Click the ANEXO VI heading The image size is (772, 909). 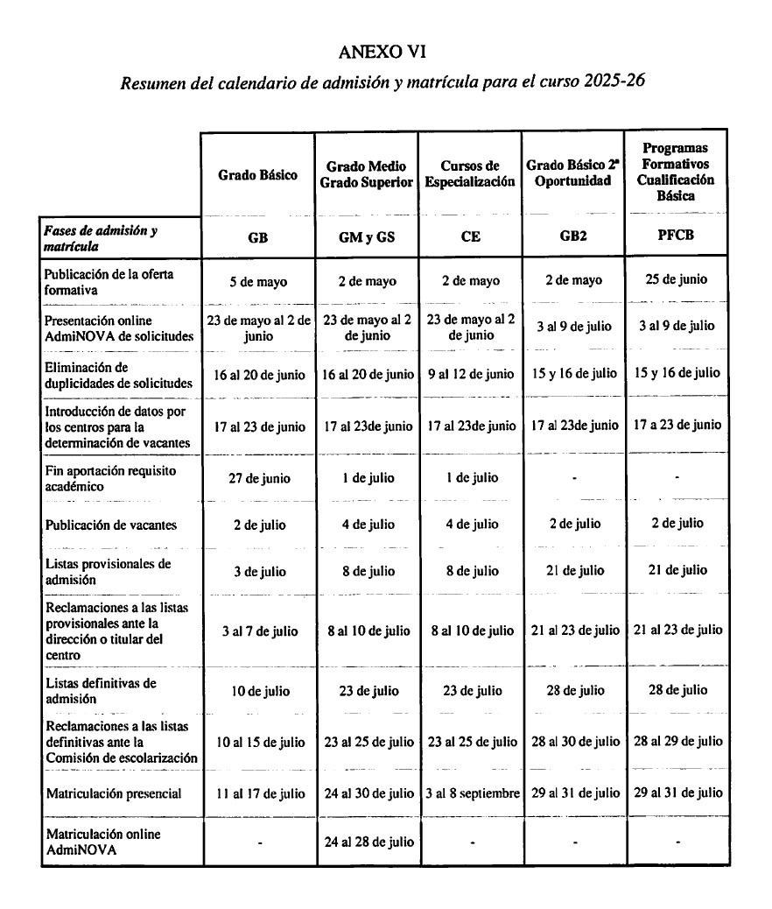pyautogui.click(x=382, y=53)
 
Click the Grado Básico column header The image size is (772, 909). pyautogui.click(x=258, y=174)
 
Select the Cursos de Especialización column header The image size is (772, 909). pyautogui.click(x=470, y=174)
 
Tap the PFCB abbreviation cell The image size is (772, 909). pyautogui.click(x=677, y=236)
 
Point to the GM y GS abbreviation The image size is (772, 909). pyautogui.click(x=367, y=236)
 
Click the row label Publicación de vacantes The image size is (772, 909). pyautogui.click(x=110, y=525)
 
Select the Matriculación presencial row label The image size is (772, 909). pyautogui.click(x=113, y=793)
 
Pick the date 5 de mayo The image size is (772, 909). pyautogui.click(x=258, y=282)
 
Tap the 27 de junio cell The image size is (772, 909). pyautogui.click(x=258, y=479)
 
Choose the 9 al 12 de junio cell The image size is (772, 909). pyautogui.click(x=470, y=374)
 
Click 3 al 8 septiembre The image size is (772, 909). pyautogui.click(x=470, y=793)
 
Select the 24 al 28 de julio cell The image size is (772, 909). pyautogui.click(x=367, y=842)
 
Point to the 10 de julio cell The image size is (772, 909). pyautogui.click(x=258, y=691)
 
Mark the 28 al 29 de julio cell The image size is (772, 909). pyautogui.click(x=677, y=742)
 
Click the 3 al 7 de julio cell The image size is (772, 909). pyautogui.click(x=258, y=631)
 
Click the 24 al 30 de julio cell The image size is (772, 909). pyautogui.click(x=367, y=793)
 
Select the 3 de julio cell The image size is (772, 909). pyautogui.click(x=258, y=572)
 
